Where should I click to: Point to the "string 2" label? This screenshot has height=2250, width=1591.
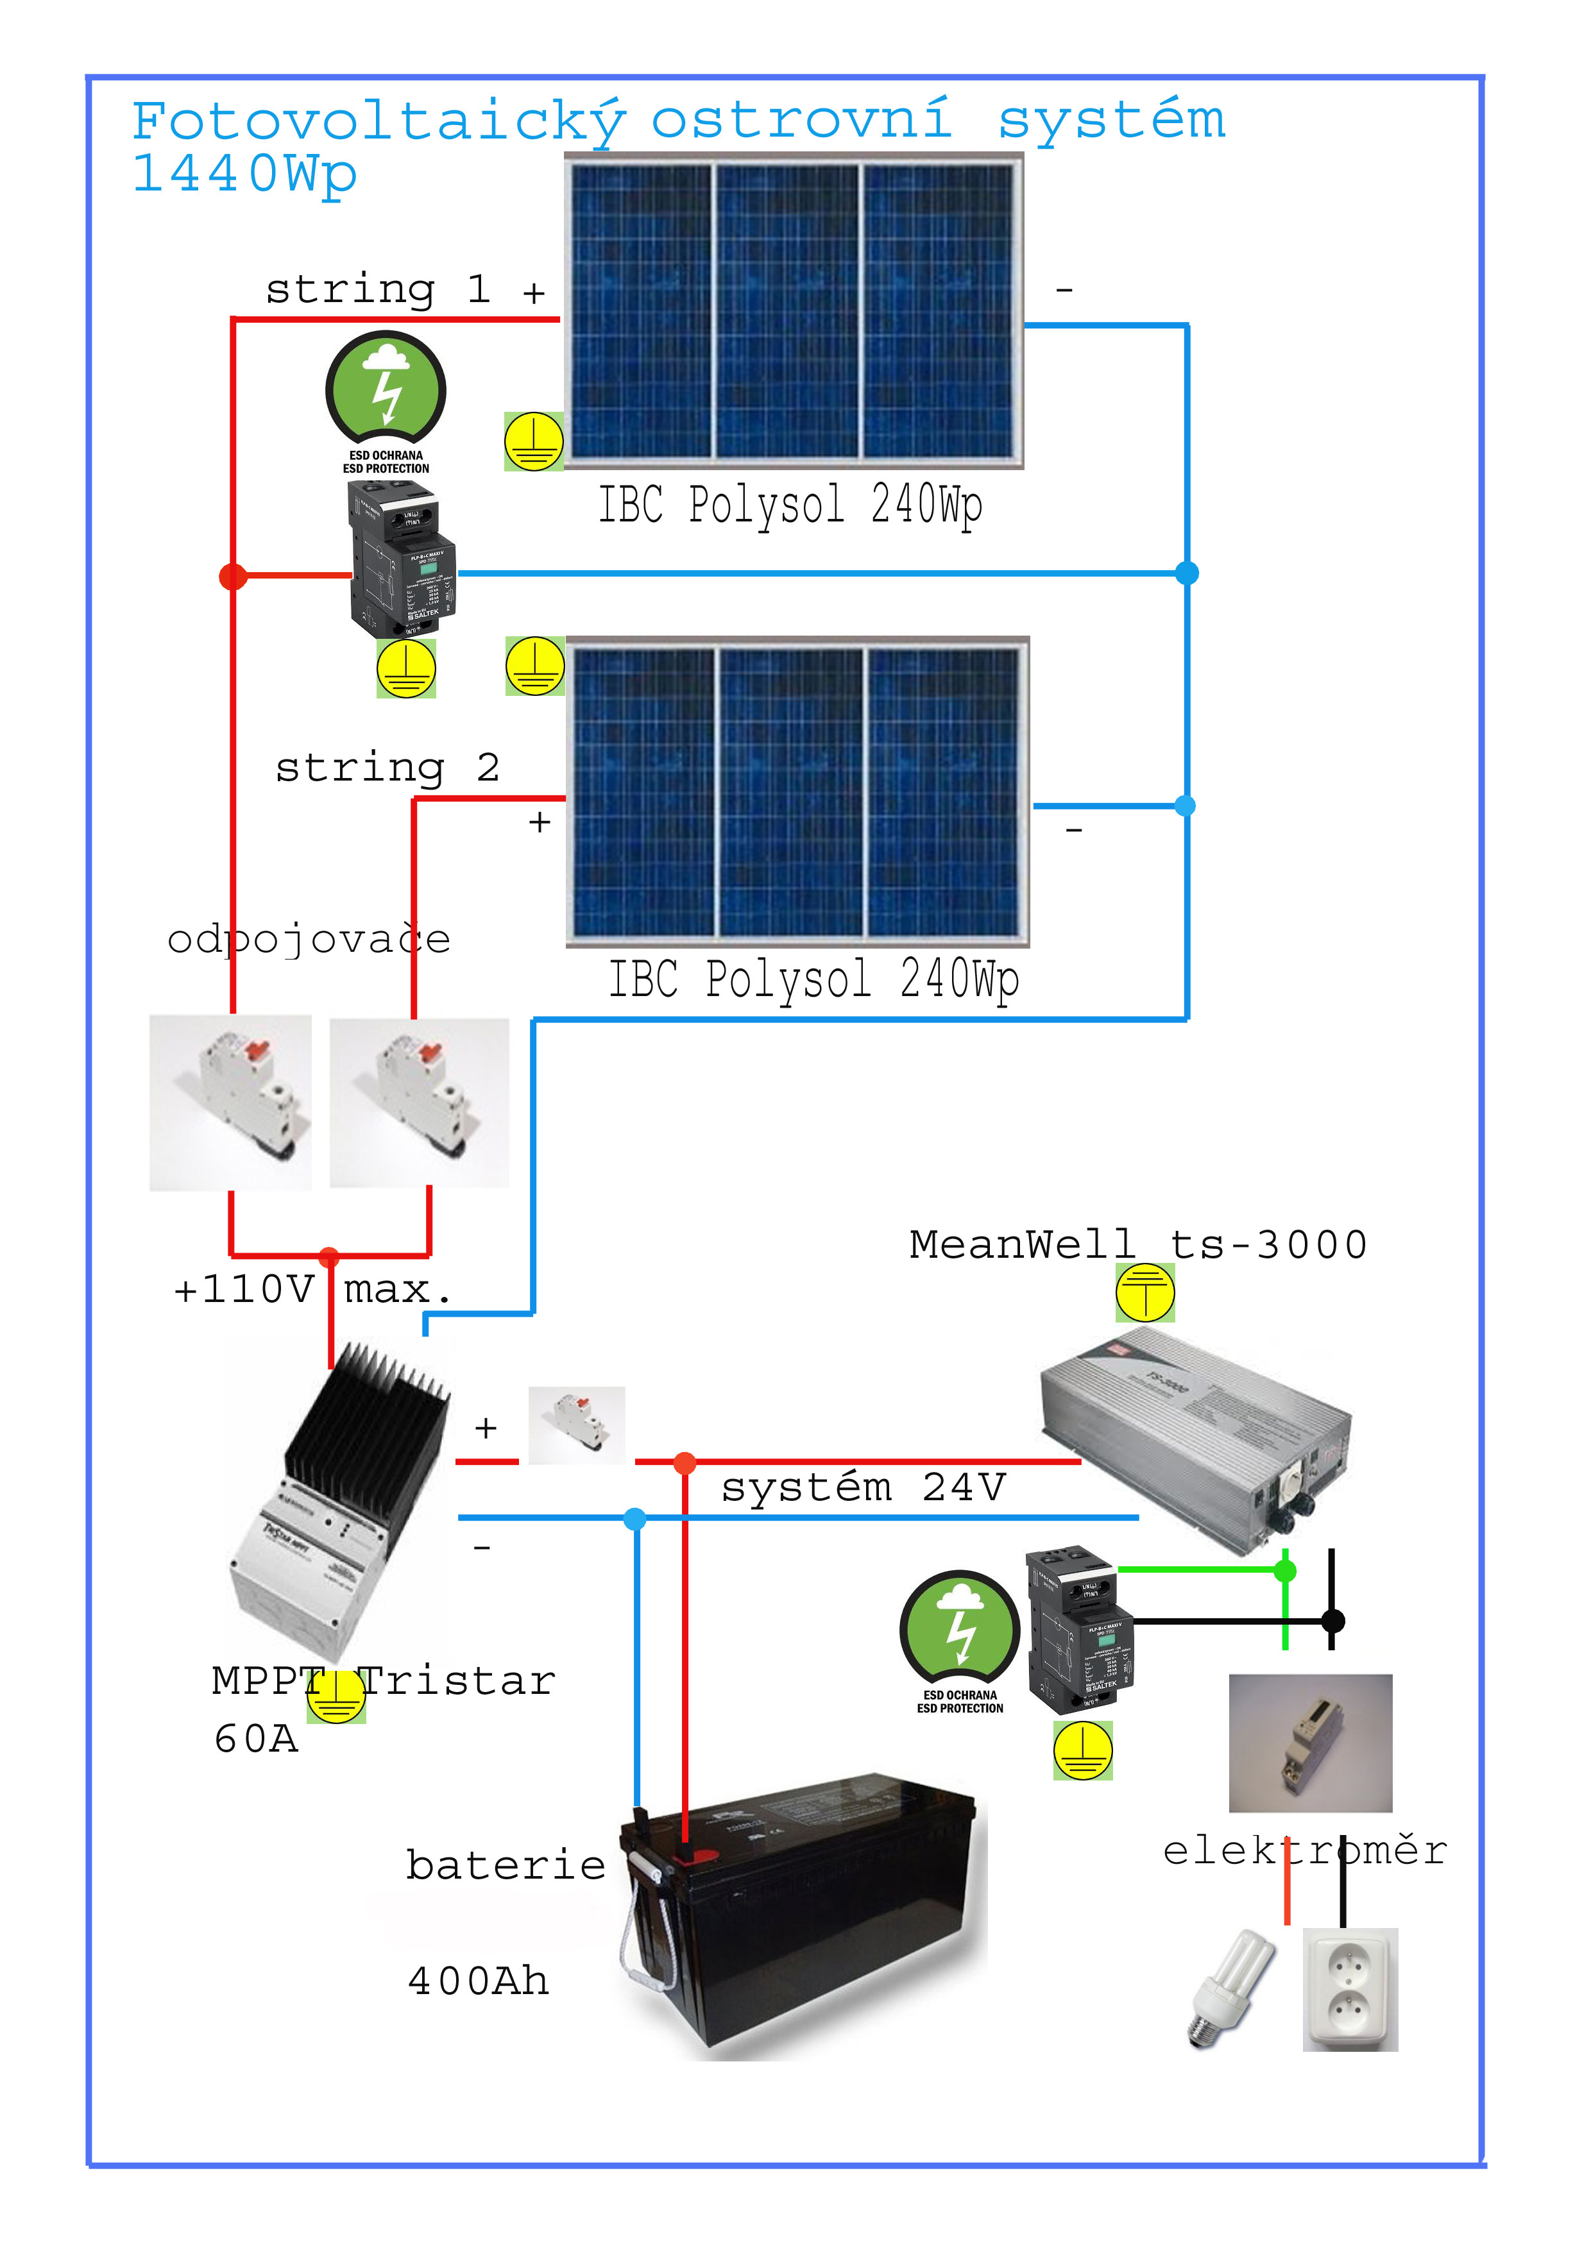pyautogui.click(x=387, y=767)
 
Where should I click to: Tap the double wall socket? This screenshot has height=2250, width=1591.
pyautogui.click(x=1350, y=1990)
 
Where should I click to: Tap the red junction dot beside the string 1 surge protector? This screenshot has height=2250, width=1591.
pyautogui.click(x=232, y=576)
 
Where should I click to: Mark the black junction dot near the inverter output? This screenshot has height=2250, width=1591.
pyautogui.click(x=1332, y=1621)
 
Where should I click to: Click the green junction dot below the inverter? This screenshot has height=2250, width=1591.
pyautogui.click(x=1285, y=1571)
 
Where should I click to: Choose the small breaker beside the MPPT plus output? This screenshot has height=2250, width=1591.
pyautogui.click(x=576, y=1425)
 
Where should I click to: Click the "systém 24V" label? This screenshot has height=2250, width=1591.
pyautogui.click(x=864, y=1487)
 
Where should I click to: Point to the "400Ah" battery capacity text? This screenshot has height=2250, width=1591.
pyautogui.click(x=479, y=1981)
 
